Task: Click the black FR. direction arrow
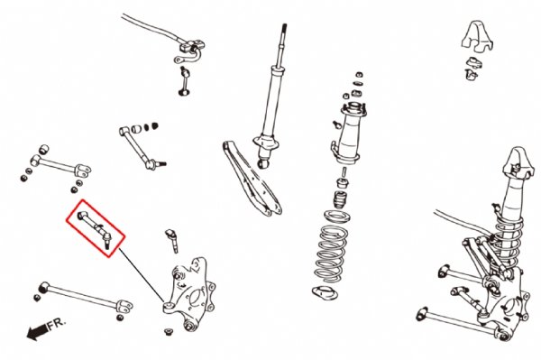[x=37, y=331]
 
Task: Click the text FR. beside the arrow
[x=57, y=324]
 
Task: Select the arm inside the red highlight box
[x=94, y=226]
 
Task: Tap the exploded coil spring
[x=331, y=253]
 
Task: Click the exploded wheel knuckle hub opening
[x=196, y=298]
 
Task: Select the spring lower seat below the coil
[x=325, y=294]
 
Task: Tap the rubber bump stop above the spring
[x=340, y=200]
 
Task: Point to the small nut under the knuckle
[x=169, y=332]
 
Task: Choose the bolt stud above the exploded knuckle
[x=172, y=240]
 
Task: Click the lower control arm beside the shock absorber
[x=252, y=179]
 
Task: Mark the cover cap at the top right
[x=477, y=37]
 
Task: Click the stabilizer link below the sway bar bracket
[x=185, y=81]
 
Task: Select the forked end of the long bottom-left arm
[x=124, y=307]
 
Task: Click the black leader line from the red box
[x=142, y=275]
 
